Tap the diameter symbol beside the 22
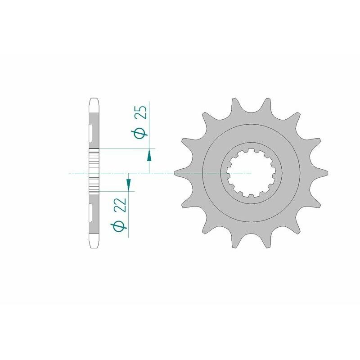point(119,226)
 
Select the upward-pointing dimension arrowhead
point(149,156)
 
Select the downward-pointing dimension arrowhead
point(128,184)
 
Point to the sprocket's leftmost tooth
point(178,172)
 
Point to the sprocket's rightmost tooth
point(324,172)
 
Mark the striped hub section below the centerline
point(94,184)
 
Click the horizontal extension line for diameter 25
point(126,148)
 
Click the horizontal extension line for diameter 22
point(115,191)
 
